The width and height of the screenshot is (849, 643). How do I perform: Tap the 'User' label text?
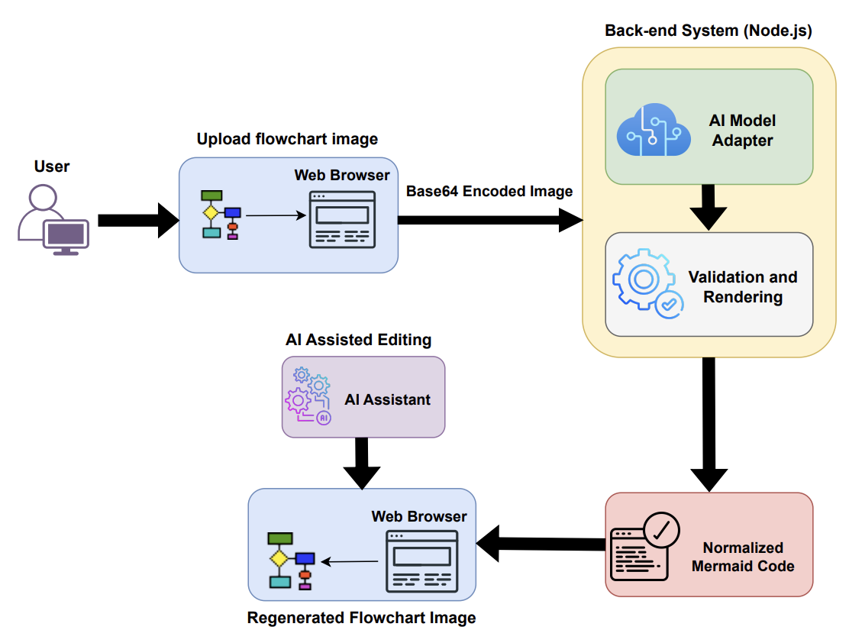52,166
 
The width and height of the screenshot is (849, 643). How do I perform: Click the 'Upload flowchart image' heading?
287,139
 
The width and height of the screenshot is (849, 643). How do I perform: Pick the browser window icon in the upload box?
342,219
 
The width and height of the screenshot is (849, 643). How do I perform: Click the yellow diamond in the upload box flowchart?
209,212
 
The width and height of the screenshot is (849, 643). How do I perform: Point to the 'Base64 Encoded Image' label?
489,191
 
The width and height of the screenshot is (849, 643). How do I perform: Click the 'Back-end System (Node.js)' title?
708,31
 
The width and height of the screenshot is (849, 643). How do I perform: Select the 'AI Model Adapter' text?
742,131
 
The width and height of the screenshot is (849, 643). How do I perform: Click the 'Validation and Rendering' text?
742,286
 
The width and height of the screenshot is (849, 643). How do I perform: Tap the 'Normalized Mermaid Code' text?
742,557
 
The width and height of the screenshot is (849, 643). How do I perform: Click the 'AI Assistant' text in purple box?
387,399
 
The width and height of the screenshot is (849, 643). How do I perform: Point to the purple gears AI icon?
308,396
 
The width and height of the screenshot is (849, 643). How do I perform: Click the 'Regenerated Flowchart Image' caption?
361,617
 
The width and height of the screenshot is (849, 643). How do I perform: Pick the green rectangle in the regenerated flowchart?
280,538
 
